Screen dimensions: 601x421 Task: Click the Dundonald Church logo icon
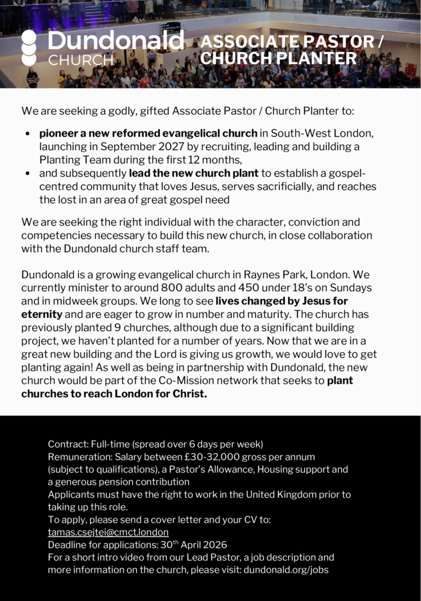pyautogui.click(x=30, y=47)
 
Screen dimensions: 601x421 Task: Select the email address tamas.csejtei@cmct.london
pyautogui.click(x=108, y=532)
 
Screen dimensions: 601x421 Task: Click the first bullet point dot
pyautogui.click(x=28, y=133)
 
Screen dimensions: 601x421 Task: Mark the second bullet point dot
pyautogui.click(x=28, y=173)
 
